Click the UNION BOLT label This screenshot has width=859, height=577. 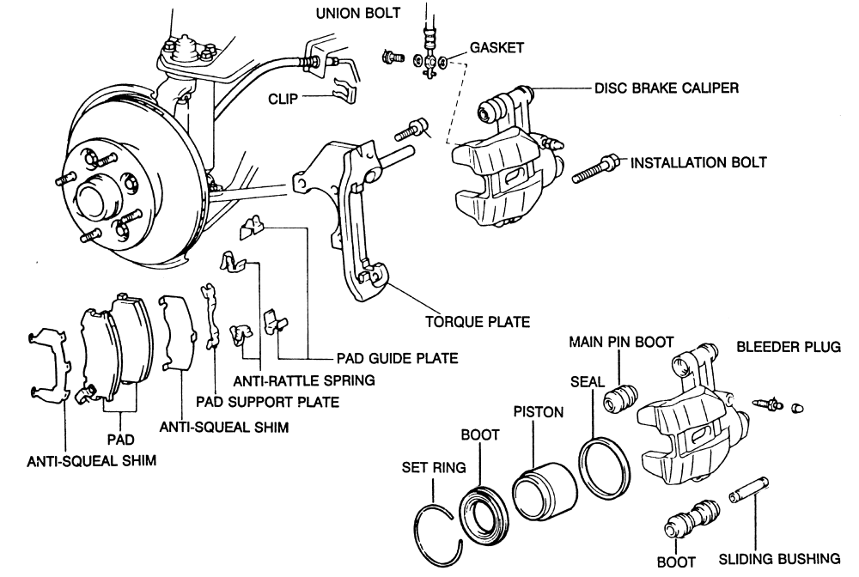click(x=357, y=13)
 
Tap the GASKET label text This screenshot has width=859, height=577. click(x=497, y=47)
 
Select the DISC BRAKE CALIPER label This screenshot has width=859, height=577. click(x=667, y=88)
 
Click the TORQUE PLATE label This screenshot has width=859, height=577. click(x=478, y=321)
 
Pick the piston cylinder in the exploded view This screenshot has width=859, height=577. click(x=545, y=492)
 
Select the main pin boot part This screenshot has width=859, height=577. click(x=621, y=398)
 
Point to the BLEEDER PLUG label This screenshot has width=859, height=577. click(x=789, y=347)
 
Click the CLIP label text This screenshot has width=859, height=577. click(x=283, y=99)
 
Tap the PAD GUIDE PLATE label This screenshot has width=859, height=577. click(x=397, y=359)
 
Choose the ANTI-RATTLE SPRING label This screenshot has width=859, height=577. click(x=304, y=380)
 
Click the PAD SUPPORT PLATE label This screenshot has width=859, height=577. click(x=268, y=402)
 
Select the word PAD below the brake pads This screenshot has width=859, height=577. click(x=120, y=440)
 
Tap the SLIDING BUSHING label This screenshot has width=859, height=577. click(x=780, y=558)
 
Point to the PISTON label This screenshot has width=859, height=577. click(x=539, y=411)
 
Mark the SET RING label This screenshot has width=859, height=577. click(x=434, y=467)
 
